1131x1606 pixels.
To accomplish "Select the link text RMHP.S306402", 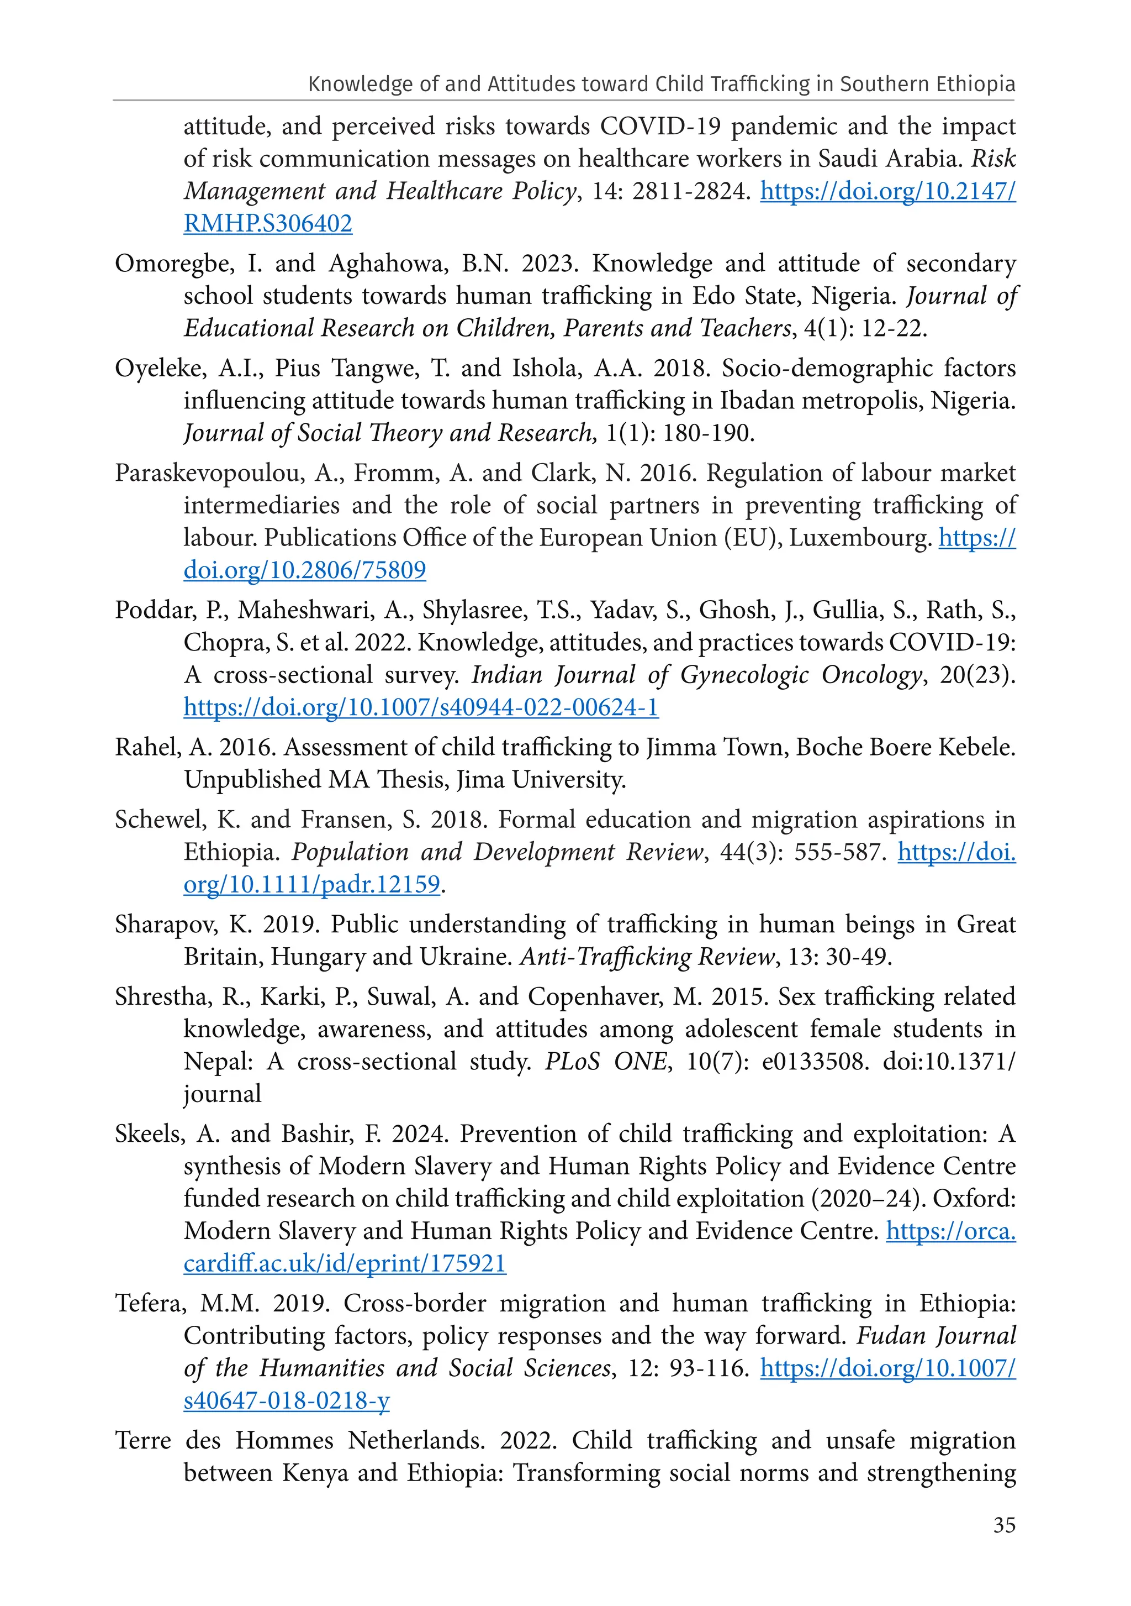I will [x=268, y=224].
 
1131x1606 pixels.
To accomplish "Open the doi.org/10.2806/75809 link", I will [x=305, y=570].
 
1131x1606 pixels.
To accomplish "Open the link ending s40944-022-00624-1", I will [x=421, y=707].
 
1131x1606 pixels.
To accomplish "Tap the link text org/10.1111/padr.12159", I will [x=312, y=885].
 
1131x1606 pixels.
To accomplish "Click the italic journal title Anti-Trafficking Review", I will [x=647, y=957].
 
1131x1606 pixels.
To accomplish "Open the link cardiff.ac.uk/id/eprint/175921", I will [x=345, y=1263].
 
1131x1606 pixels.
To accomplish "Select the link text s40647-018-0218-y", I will [x=287, y=1400].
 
